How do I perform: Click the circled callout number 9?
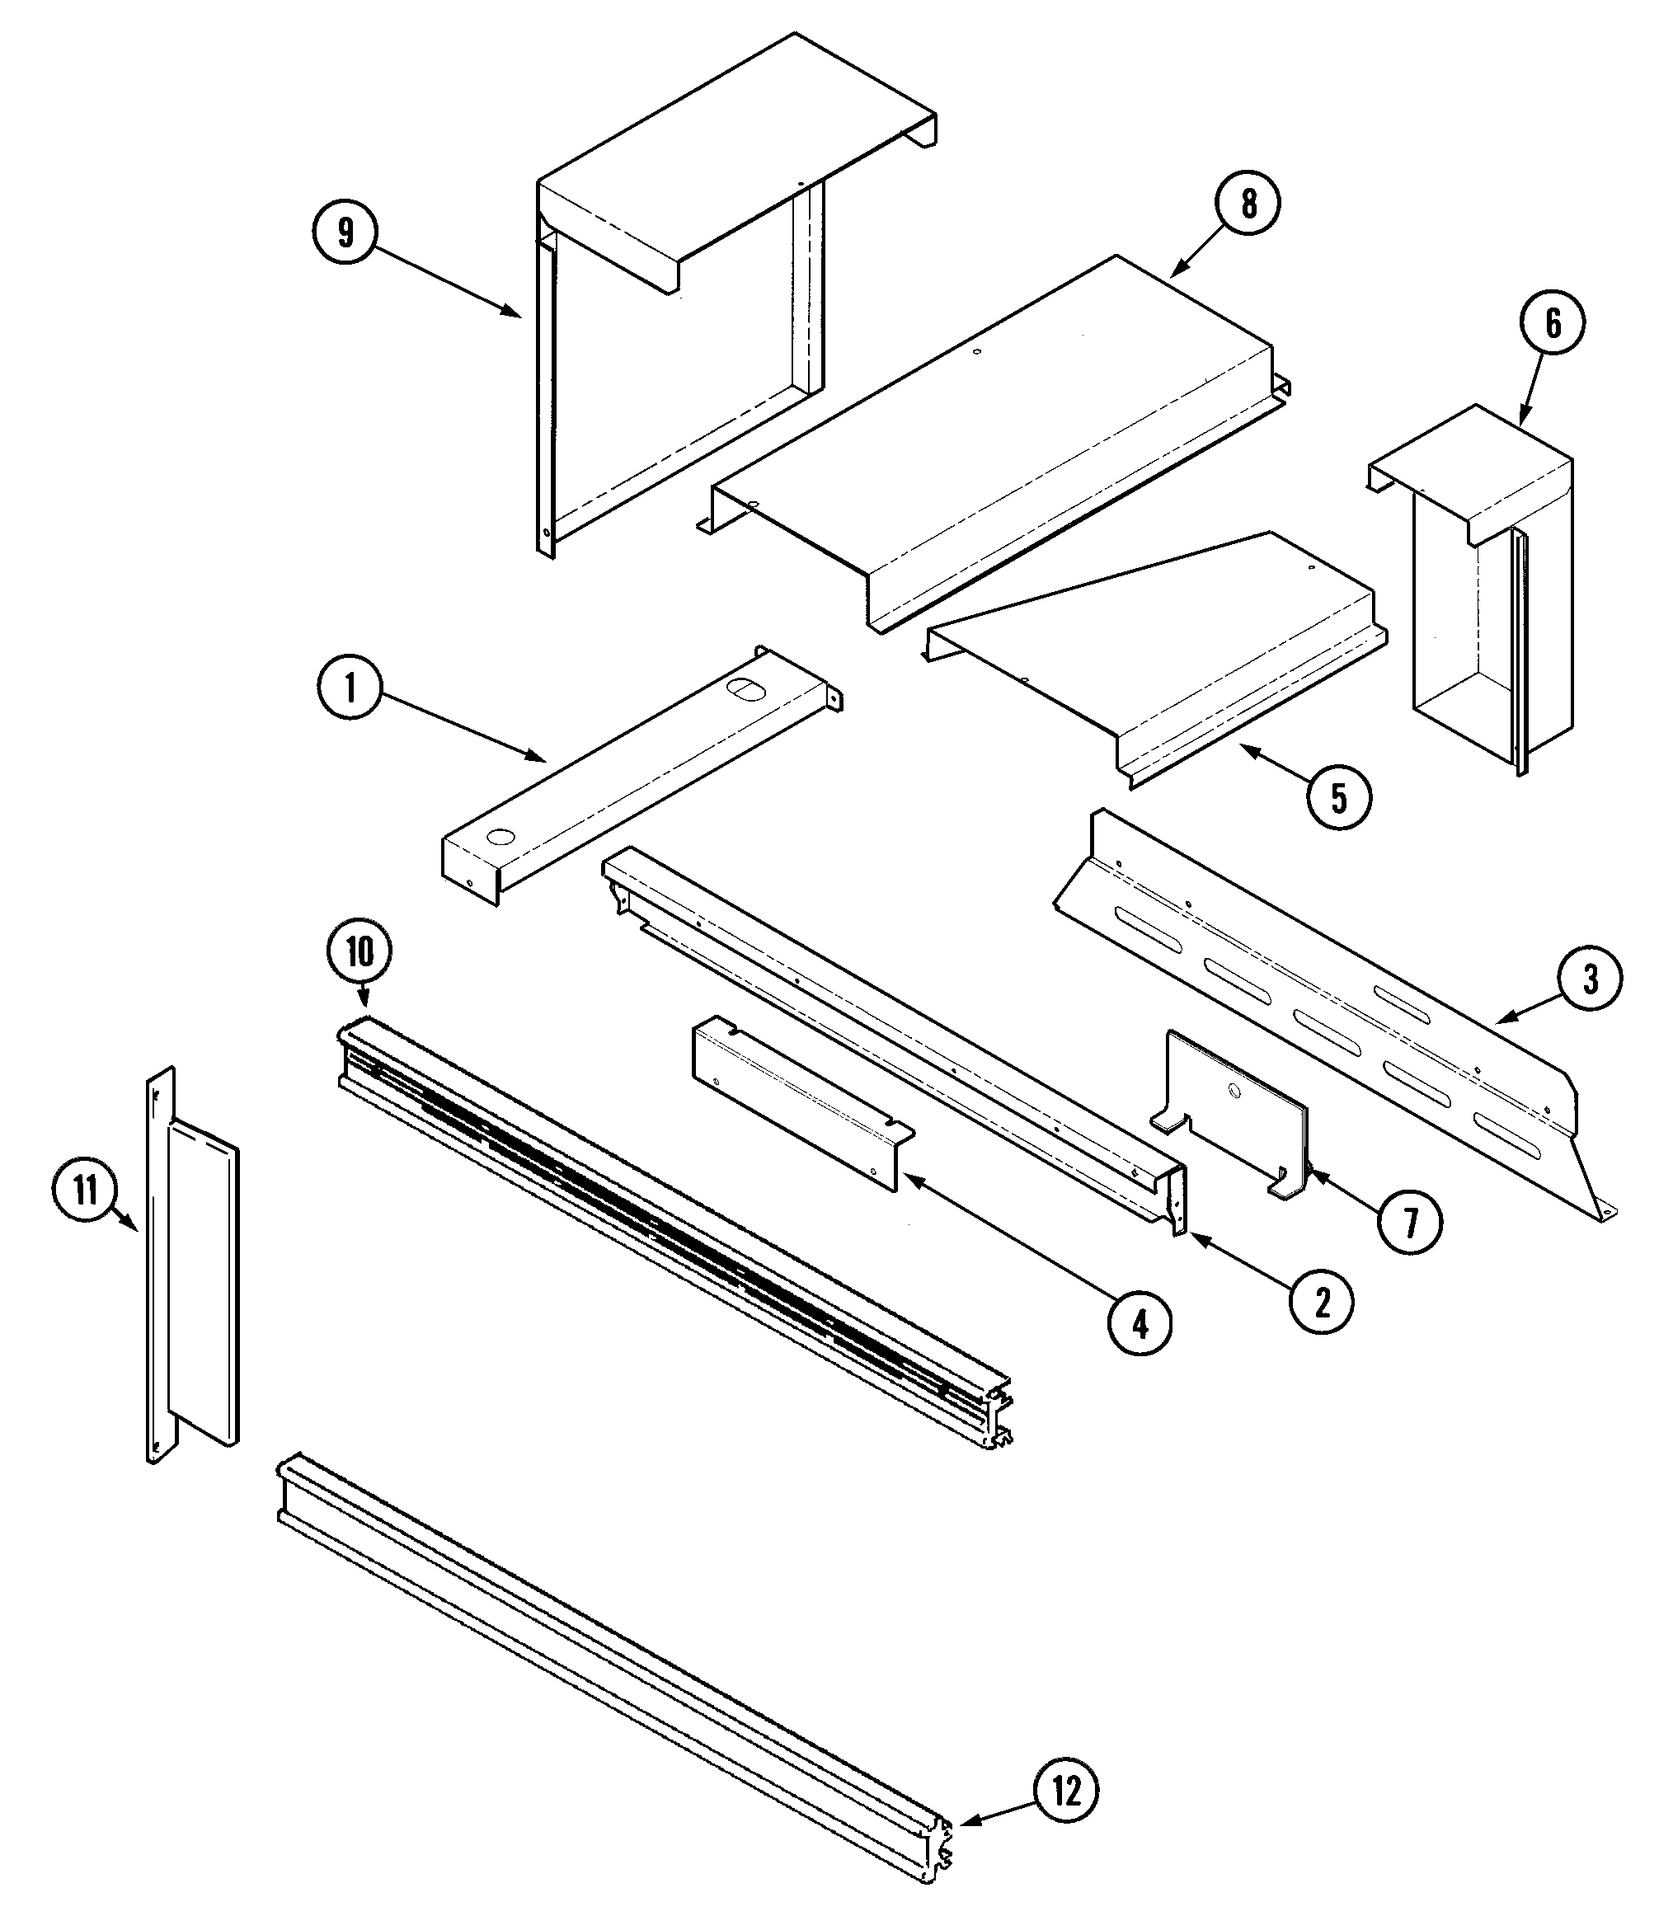pos(345,232)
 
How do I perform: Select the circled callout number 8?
pos(1248,204)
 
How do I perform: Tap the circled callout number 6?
pos(1552,323)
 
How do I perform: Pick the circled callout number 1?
pos(350,688)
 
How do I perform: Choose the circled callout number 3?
pos(1590,978)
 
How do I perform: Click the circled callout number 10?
pos(360,952)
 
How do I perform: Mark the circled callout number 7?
pos(1410,1223)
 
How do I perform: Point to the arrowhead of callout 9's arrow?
pos(516,313)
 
